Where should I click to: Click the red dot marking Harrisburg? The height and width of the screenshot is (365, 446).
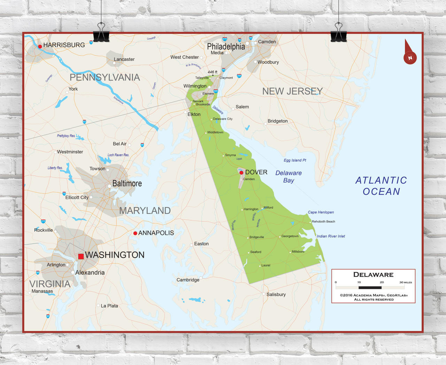(40, 46)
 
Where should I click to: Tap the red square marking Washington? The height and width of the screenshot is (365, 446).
(81, 256)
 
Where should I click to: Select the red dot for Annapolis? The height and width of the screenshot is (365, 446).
(135, 233)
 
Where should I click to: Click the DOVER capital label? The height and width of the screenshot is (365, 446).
(256, 172)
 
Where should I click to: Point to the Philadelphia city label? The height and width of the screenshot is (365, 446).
(226, 47)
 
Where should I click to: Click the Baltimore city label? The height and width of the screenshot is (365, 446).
(127, 183)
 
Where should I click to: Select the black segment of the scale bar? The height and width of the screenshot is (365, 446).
(370, 288)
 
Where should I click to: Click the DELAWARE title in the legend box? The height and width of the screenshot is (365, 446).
(373, 275)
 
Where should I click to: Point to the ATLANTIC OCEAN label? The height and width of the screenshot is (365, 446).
(381, 186)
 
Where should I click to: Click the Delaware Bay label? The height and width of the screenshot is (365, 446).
(289, 176)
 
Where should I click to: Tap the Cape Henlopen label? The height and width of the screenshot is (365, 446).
(321, 212)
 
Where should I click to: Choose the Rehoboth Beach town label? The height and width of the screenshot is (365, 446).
(323, 221)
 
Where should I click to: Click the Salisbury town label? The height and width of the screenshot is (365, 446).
(276, 294)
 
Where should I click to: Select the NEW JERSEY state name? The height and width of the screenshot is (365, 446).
(292, 91)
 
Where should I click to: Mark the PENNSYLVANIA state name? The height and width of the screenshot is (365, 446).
(105, 77)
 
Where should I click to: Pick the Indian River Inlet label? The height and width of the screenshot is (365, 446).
(331, 236)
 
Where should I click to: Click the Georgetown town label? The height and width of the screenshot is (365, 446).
(290, 236)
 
